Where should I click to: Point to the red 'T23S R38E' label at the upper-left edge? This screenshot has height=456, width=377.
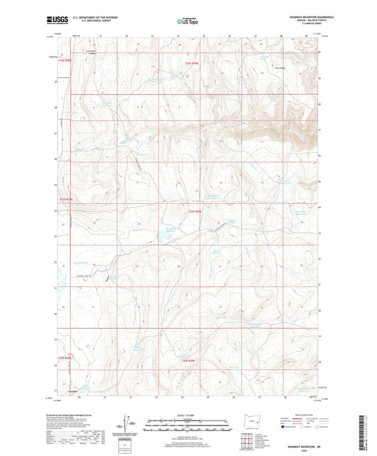[x=64, y=61]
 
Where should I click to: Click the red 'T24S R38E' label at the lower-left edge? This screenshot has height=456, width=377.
[x=64, y=358]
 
